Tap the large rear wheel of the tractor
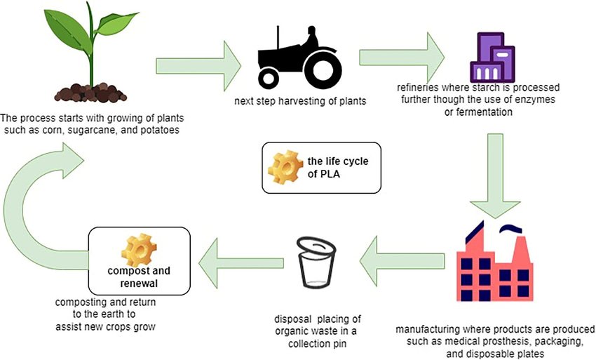tap(323, 67)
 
